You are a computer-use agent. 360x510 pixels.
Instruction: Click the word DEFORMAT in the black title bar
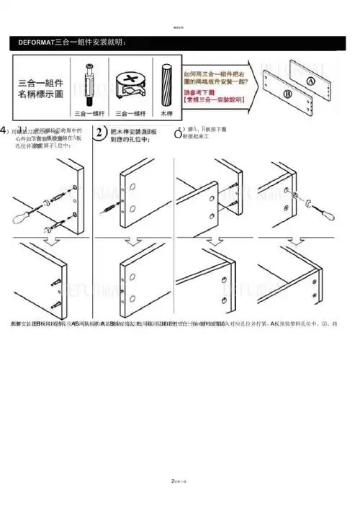[x=36, y=44]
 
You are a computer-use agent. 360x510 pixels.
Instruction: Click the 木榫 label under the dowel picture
[x=166, y=113]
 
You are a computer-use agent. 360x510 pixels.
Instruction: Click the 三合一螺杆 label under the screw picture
[x=91, y=113]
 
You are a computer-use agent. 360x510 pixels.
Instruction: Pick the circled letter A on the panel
[x=311, y=81]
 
